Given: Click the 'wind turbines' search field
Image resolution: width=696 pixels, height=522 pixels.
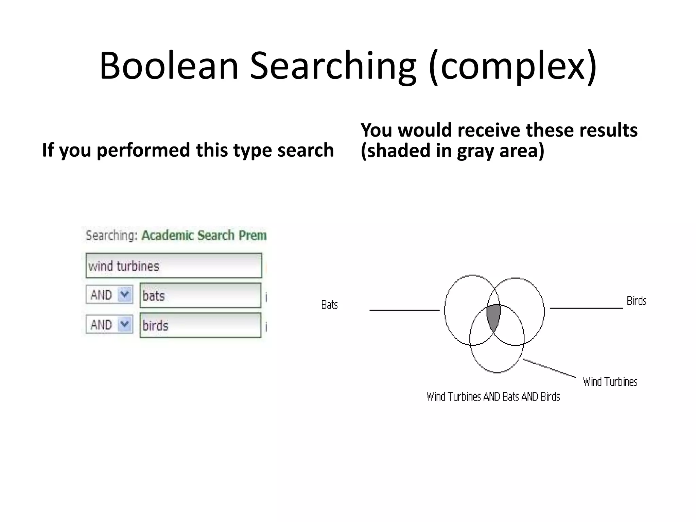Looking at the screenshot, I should click(174, 266).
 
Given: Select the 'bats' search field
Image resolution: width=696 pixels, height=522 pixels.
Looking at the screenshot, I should click(200, 296).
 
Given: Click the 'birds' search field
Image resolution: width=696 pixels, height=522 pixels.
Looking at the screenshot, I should click(200, 325).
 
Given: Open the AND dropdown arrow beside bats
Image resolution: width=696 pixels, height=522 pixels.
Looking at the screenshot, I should click(125, 294).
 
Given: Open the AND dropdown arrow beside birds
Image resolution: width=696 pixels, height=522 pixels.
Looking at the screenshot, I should click(125, 324).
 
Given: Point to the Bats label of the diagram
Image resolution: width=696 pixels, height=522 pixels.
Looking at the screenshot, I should click(329, 305).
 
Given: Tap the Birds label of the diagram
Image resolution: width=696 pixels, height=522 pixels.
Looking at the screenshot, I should click(636, 301).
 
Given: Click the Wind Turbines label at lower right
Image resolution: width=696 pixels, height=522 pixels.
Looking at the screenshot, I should click(610, 382).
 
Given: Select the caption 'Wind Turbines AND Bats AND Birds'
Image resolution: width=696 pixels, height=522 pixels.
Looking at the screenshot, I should click(493, 397).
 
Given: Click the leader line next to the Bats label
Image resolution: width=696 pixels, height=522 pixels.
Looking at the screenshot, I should click(404, 310).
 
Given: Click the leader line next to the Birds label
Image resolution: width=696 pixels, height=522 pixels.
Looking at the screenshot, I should click(586, 308).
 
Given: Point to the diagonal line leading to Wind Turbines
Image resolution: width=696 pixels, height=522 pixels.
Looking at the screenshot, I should click(550, 368).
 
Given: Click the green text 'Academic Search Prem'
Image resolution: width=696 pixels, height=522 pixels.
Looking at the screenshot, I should click(204, 236).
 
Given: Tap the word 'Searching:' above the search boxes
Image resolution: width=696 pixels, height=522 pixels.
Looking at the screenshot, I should click(111, 236).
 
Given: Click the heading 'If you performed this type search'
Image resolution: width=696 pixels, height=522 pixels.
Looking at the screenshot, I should click(188, 150).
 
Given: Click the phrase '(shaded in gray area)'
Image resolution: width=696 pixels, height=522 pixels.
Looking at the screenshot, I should click(452, 151).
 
